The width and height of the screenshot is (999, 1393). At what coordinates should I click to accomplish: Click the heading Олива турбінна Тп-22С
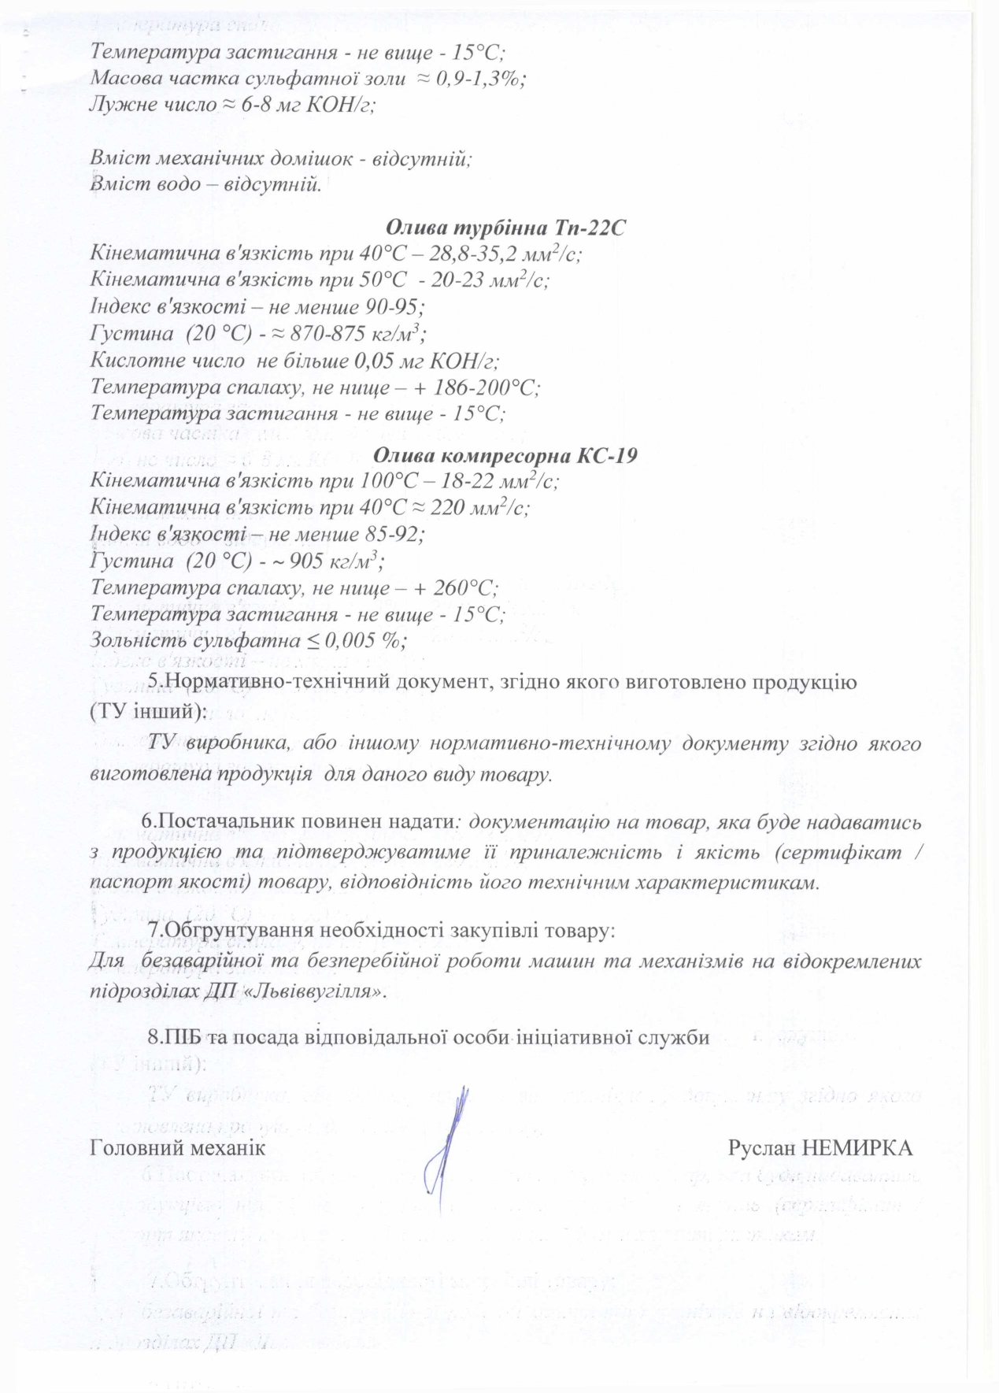(505, 228)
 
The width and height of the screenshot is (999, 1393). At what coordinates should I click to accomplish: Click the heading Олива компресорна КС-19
(505, 455)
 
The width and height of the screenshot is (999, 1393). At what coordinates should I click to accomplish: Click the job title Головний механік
(178, 1147)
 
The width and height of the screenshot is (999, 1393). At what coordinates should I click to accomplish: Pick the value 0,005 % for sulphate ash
(365, 640)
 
